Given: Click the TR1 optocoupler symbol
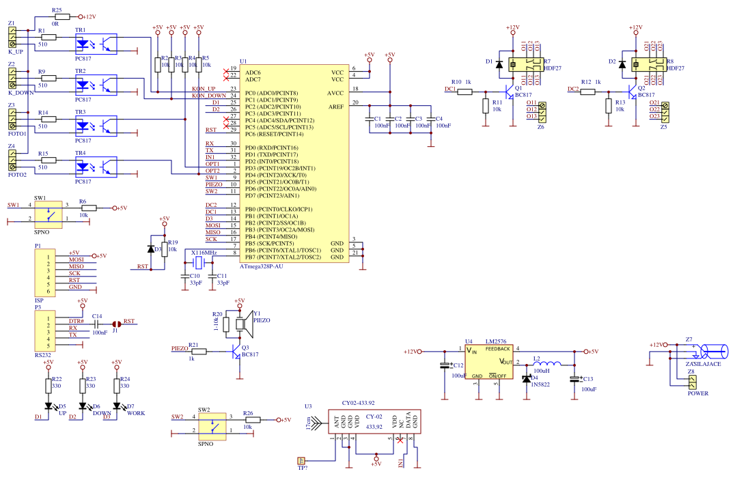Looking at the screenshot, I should pyautogui.click(x=96, y=44).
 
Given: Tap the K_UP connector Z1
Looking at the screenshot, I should pyautogui.click(x=12, y=38).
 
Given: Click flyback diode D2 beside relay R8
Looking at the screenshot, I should pyautogui.click(x=622, y=64).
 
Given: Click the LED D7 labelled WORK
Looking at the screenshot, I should pyautogui.click(x=117, y=406).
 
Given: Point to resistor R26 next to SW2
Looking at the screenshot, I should pyautogui.click(x=248, y=420).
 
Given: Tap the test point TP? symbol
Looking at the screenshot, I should pyautogui.click(x=301, y=460).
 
